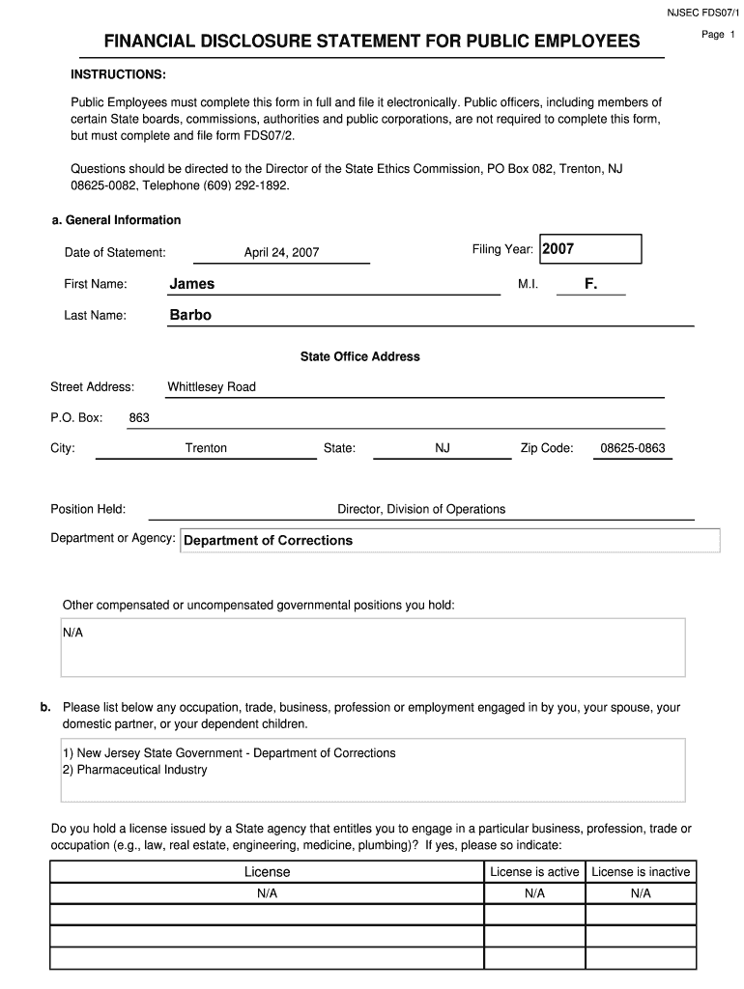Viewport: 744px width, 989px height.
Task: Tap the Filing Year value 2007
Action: point(558,249)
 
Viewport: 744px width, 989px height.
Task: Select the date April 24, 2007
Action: point(281,253)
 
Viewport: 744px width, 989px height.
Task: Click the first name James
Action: point(192,284)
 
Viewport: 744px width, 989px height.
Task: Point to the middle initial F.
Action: point(590,284)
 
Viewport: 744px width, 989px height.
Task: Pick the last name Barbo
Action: point(190,315)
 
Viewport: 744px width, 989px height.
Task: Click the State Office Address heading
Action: point(359,356)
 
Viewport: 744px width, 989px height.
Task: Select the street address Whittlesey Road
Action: point(212,387)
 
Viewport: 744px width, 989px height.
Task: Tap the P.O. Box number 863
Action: point(139,418)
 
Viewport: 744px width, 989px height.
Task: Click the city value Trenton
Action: point(206,448)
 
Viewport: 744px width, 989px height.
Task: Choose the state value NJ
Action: point(443,448)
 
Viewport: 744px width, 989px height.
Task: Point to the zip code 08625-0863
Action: point(633,448)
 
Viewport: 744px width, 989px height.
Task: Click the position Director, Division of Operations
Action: point(420,509)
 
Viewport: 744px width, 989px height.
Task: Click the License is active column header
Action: point(534,872)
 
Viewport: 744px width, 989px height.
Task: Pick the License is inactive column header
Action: point(641,872)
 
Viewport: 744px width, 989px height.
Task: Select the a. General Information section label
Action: point(116,220)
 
